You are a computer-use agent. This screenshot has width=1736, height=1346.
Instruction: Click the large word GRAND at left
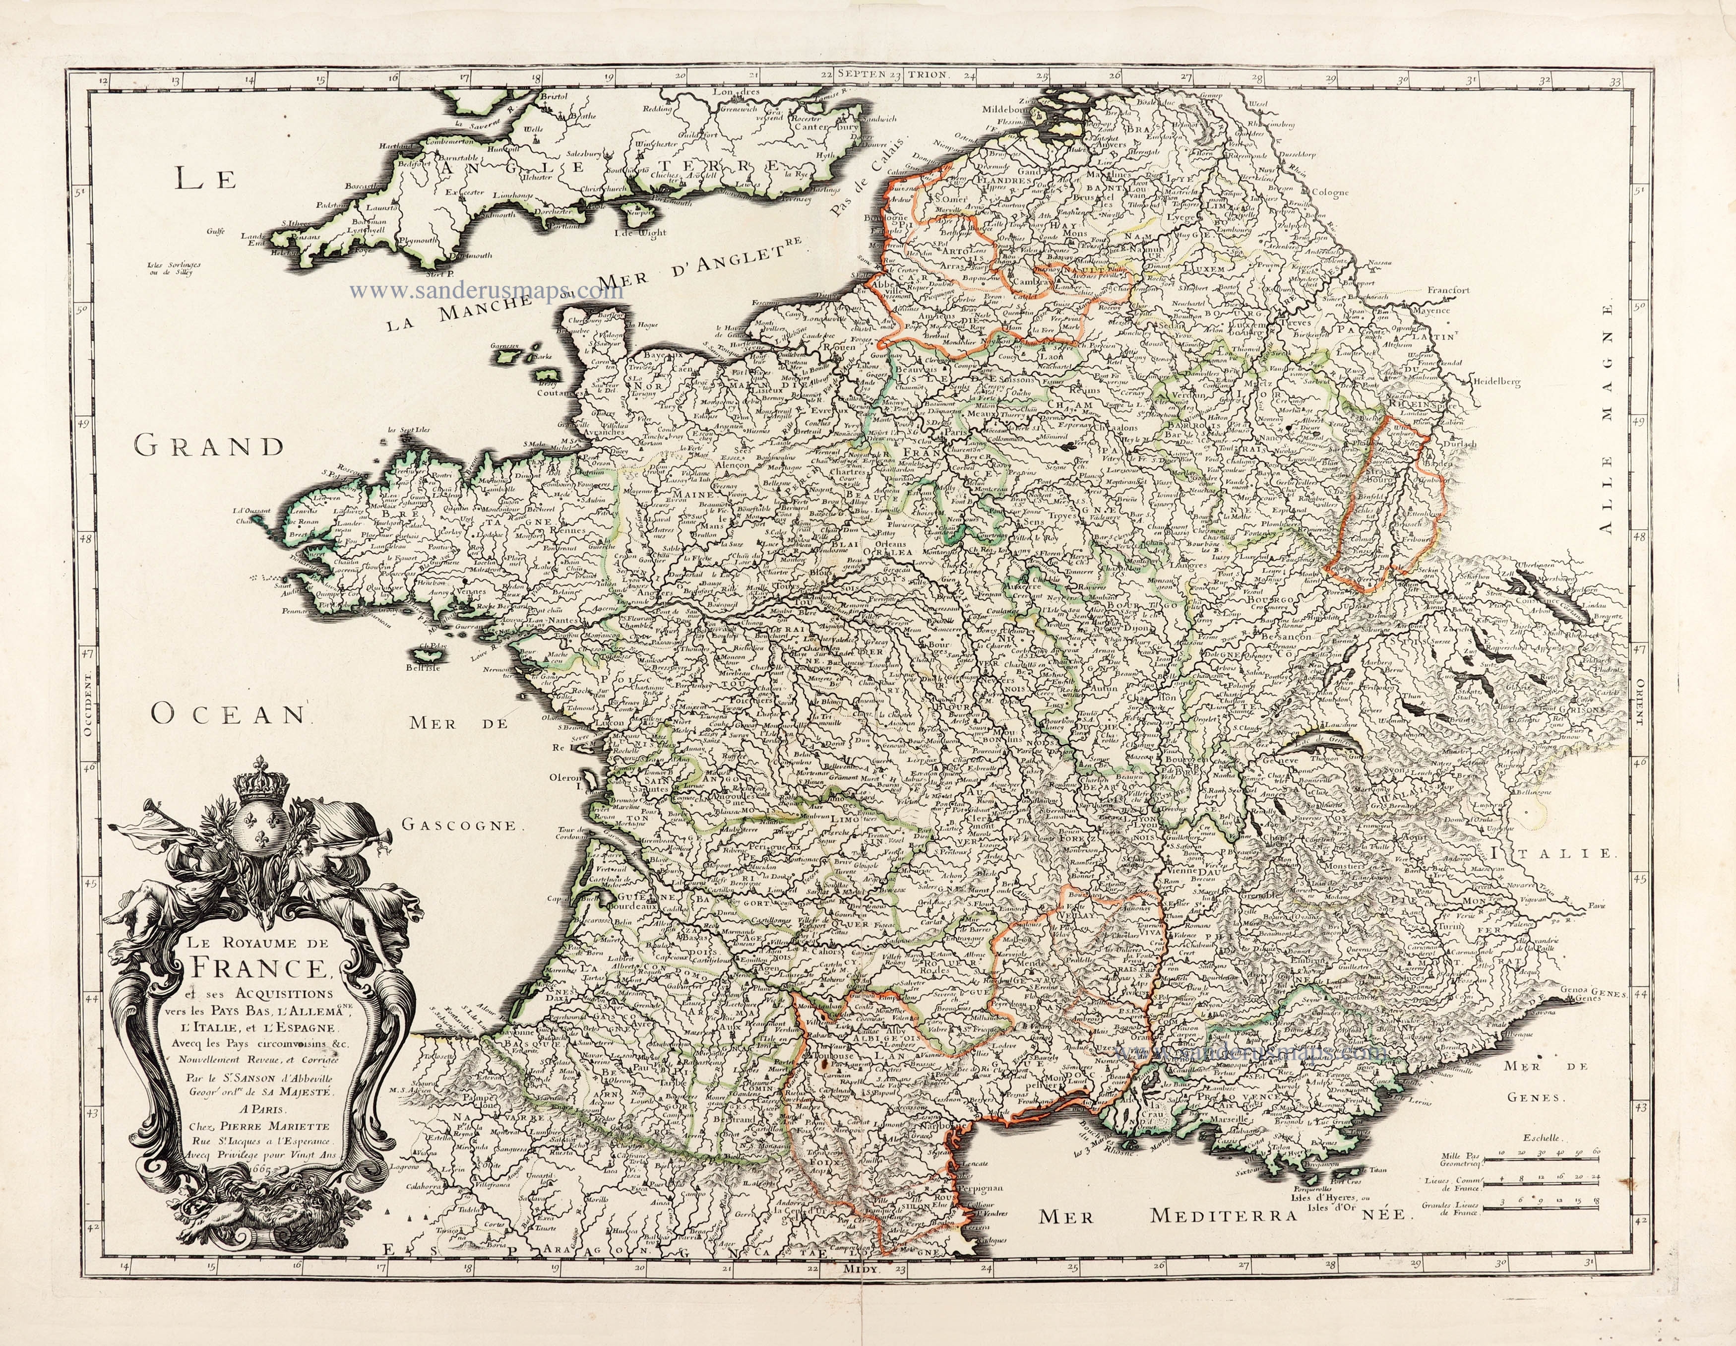(208, 447)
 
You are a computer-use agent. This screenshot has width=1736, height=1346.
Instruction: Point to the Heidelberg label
(1495, 383)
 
